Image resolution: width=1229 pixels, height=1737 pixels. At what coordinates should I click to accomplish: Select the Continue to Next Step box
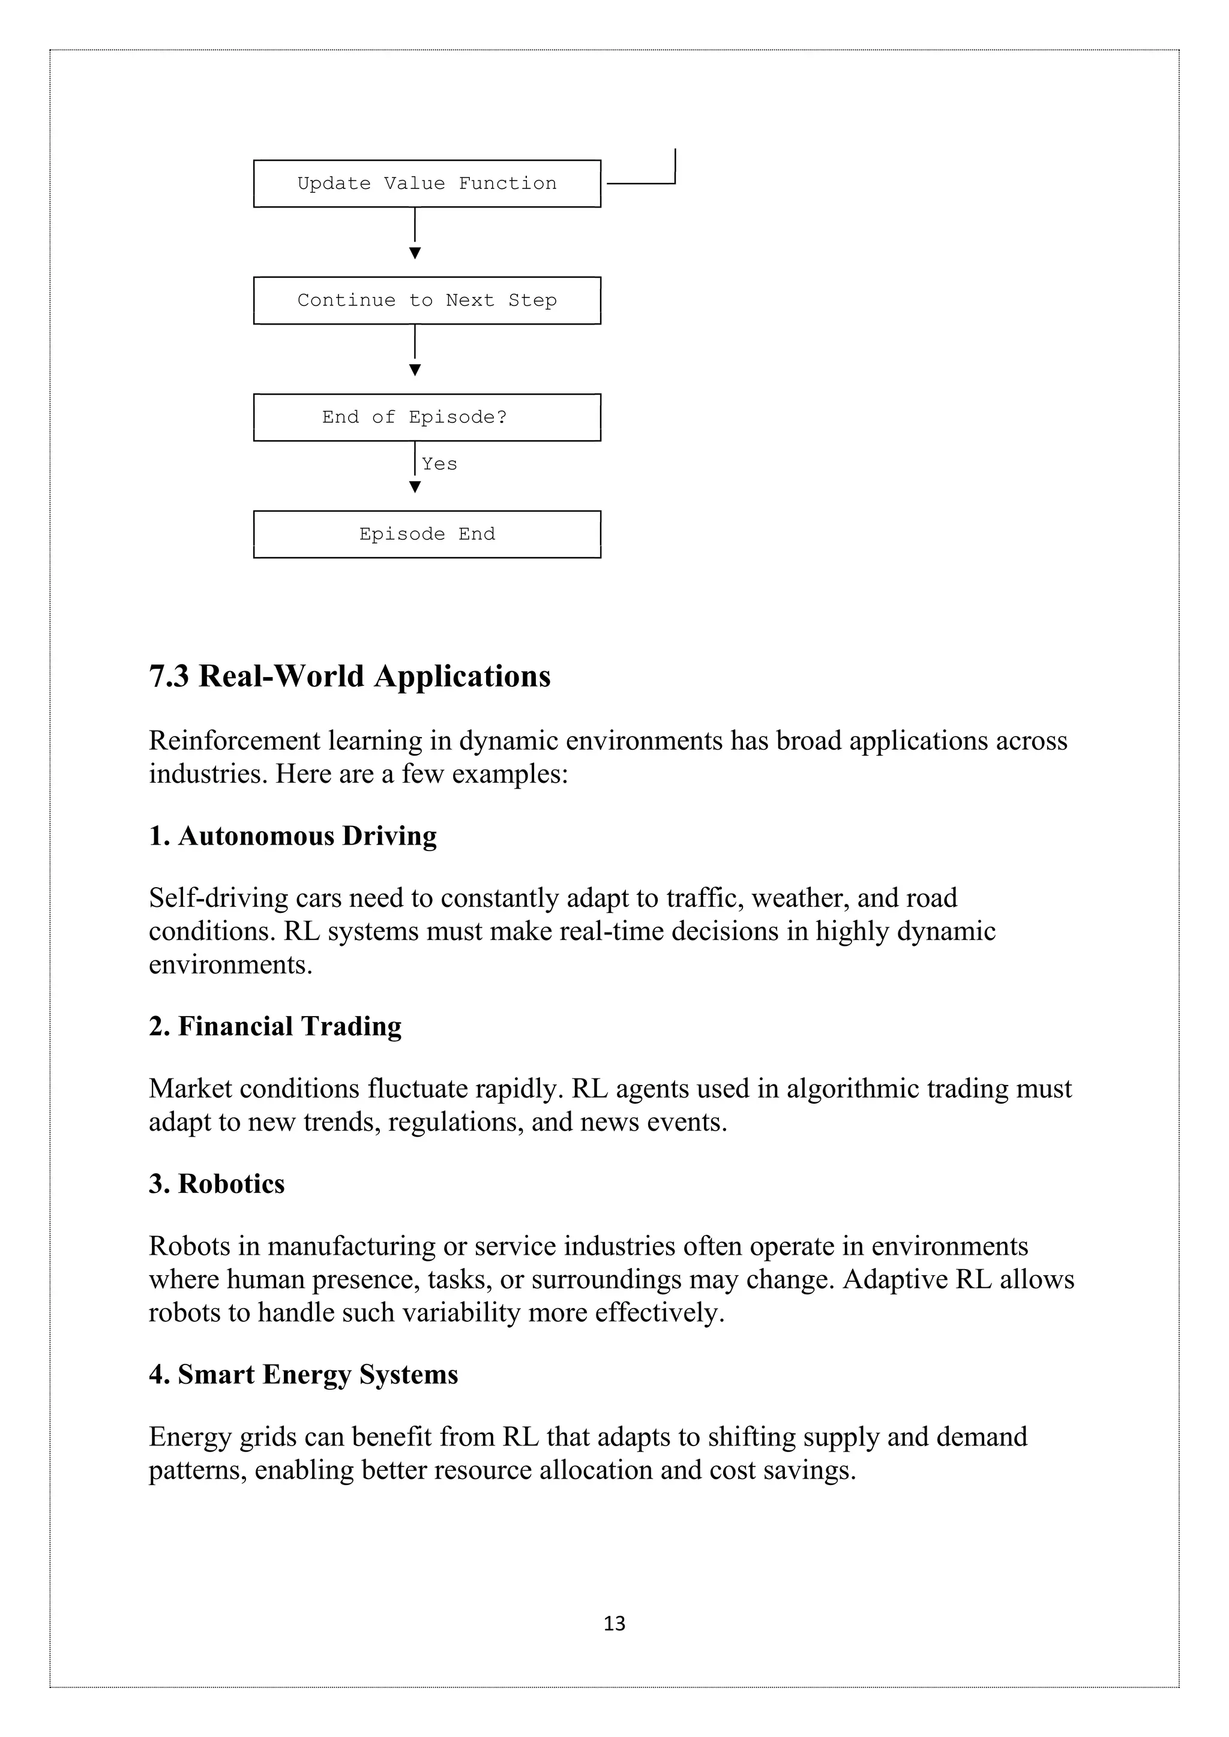[x=427, y=300]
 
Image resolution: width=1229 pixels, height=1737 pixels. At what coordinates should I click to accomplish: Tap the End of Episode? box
[x=427, y=417]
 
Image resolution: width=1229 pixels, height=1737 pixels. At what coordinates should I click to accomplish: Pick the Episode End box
[x=427, y=534]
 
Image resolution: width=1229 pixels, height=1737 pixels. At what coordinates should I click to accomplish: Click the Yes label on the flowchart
[x=440, y=464]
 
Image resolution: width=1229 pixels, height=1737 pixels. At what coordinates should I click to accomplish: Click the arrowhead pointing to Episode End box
[x=415, y=487]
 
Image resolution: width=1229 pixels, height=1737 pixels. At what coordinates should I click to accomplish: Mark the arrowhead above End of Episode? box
[x=415, y=370]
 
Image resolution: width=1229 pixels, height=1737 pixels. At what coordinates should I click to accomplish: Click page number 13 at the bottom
[x=614, y=1624]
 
